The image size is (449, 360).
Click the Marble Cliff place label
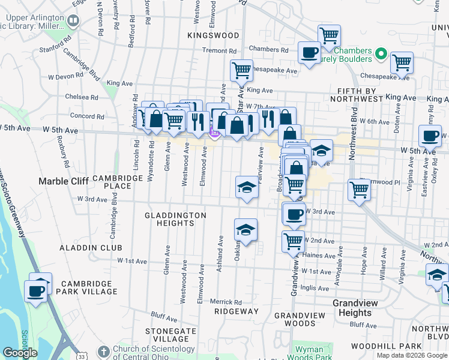point(63,181)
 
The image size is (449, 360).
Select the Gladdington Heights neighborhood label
point(175,219)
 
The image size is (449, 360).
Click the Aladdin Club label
point(91,248)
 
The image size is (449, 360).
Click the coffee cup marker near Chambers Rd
point(309,52)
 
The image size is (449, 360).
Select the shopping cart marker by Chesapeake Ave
point(241,70)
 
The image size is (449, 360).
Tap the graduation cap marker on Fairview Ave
point(247,188)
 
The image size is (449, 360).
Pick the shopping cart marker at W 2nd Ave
point(294,241)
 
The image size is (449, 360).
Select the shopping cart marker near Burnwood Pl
point(359,190)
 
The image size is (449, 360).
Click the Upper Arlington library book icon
point(73,22)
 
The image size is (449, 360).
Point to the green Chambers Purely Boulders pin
point(379,55)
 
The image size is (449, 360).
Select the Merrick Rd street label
point(226,302)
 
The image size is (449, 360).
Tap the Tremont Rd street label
point(220,51)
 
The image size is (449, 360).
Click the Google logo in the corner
point(20,353)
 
